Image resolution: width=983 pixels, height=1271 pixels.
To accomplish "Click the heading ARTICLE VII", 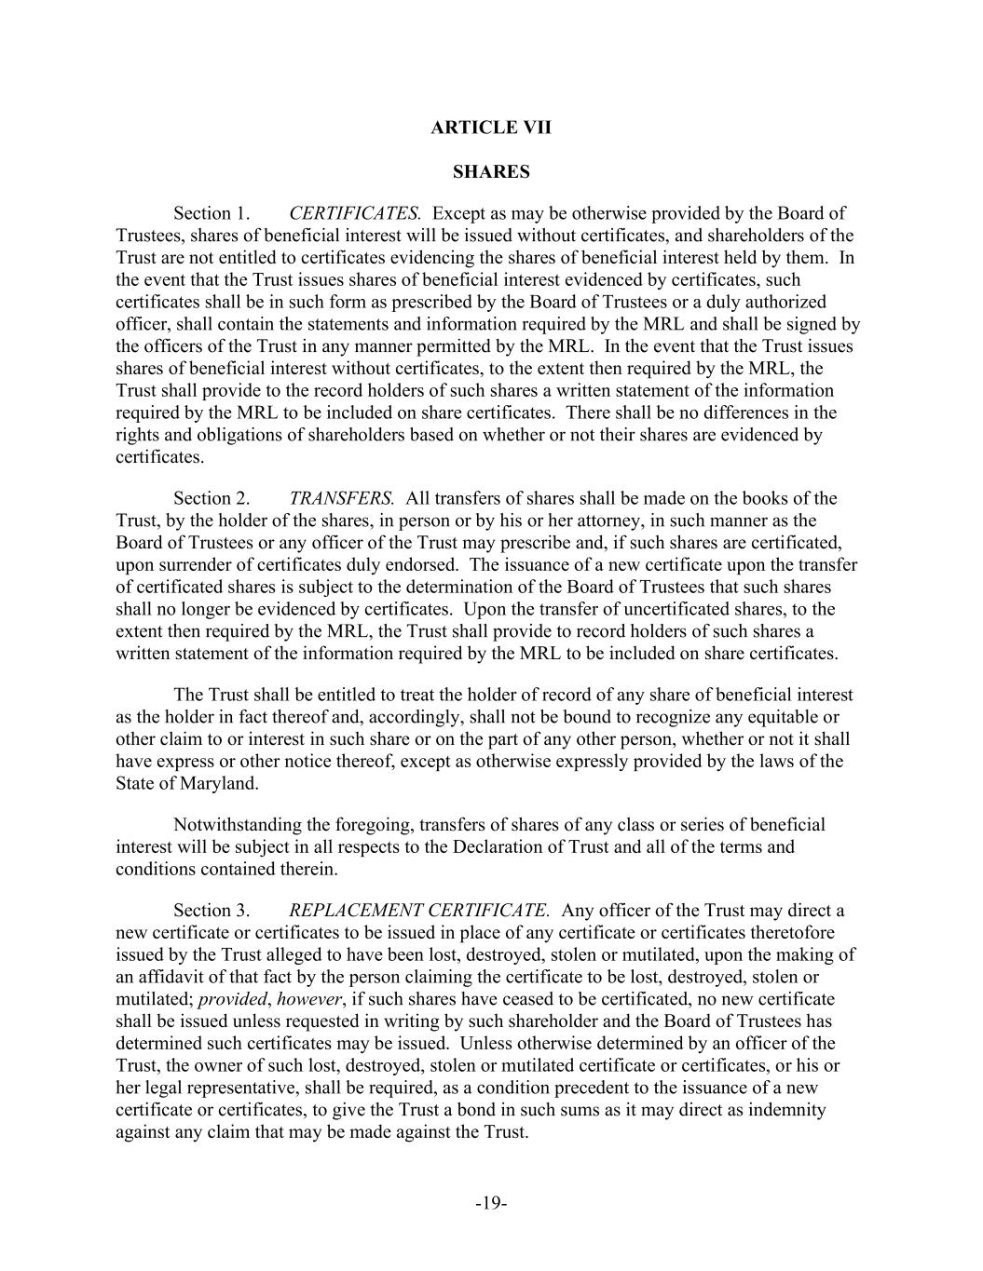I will click(x=491, y=128).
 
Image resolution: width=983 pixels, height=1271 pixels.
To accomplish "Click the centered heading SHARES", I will click(x=491, y=172).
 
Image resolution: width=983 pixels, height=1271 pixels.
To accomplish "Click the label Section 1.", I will click(x=212, y=213).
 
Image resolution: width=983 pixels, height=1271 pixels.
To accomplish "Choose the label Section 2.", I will click(x=212, y=498).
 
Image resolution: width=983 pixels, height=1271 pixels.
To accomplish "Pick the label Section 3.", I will click(x=212, y=911).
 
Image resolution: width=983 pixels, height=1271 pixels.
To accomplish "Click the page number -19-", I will click(x=491, y=1203).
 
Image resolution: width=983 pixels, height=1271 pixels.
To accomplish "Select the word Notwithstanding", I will click(x=236, y=825).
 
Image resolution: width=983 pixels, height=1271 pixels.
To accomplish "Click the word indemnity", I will click(x=790, y=1110).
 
